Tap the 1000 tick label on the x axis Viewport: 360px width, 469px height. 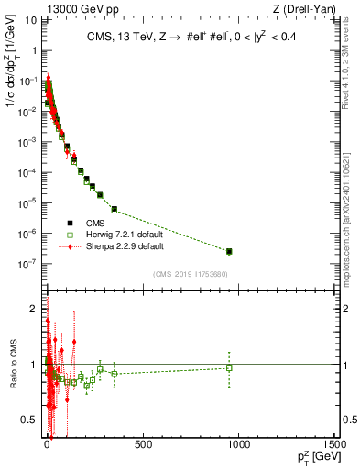(237, 445)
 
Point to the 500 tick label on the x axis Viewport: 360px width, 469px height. (142, 445)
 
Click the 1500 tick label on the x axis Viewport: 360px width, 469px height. (333, 445)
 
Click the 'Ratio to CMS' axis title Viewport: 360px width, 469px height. (12, 364)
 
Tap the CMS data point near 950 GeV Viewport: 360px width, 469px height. (229, 251)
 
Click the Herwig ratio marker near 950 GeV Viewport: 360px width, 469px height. (229, 368)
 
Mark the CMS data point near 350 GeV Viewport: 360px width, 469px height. (115, 209)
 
